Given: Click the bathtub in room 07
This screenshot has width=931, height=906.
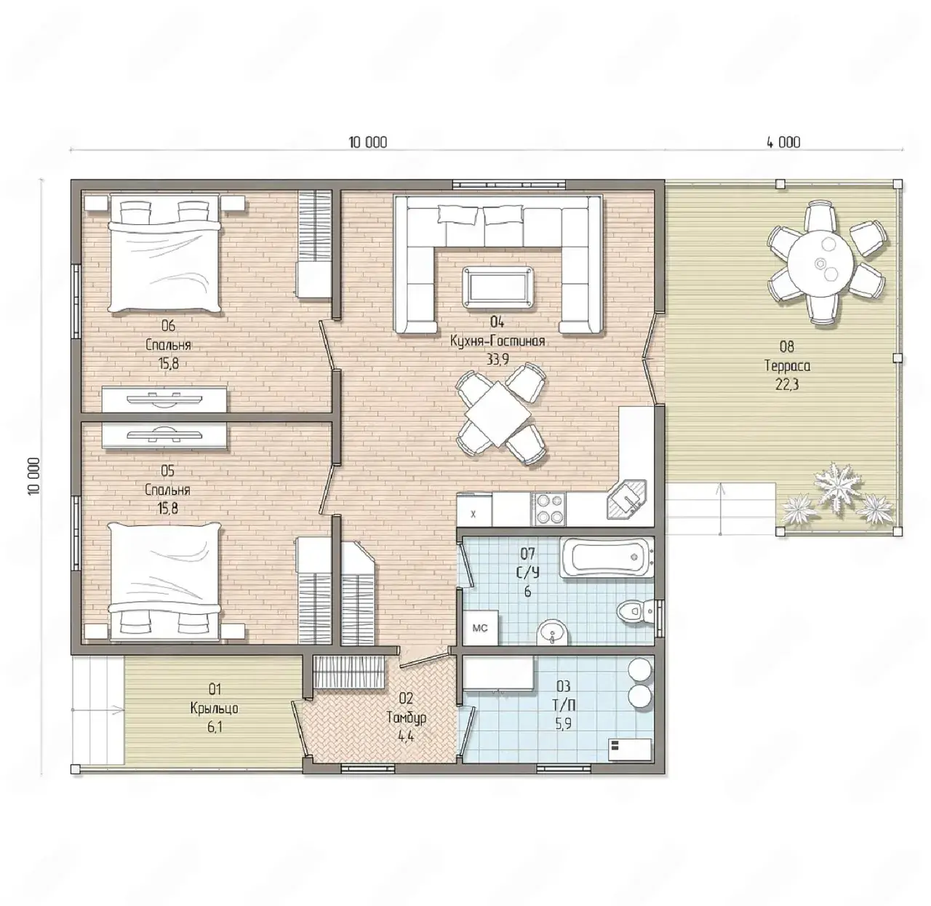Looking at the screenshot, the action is (x=605, y=557).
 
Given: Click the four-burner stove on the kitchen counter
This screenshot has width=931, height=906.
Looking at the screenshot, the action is (x=548, y=509).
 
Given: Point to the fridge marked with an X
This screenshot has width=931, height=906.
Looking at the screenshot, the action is (x=474, y=510).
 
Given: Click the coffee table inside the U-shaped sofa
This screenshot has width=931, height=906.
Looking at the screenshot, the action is (x=497, y=286).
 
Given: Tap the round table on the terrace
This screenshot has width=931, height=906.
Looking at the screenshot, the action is (x=820, y=261).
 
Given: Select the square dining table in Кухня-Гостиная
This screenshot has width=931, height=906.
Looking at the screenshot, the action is (x=499, y=413).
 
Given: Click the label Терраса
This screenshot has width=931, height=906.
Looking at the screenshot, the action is (x=787, y=366).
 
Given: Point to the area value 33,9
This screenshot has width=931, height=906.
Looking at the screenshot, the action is (x=498, y=360).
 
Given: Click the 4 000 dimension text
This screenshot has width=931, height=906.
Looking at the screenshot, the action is (x=783, y=142).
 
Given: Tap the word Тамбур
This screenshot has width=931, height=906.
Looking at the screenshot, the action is (x=406, y=718).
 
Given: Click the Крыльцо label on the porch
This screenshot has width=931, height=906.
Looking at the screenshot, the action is (x=214, y=708).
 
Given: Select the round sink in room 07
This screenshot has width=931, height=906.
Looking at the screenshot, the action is (x=553, y=634).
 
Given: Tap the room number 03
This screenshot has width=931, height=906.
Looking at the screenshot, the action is (x=564, y=686).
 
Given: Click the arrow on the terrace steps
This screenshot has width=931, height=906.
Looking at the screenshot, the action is (x=720, y=509).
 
